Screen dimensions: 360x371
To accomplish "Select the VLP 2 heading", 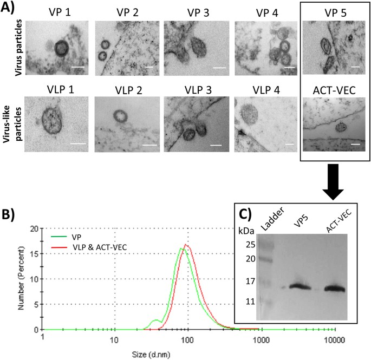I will tap(124, 87).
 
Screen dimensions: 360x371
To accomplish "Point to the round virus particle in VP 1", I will tap(60, 48).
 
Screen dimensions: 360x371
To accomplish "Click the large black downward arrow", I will tap(332, 183).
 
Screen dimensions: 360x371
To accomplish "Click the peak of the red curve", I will tap(186, 245).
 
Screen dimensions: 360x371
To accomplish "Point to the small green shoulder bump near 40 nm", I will tap(157, 320).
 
